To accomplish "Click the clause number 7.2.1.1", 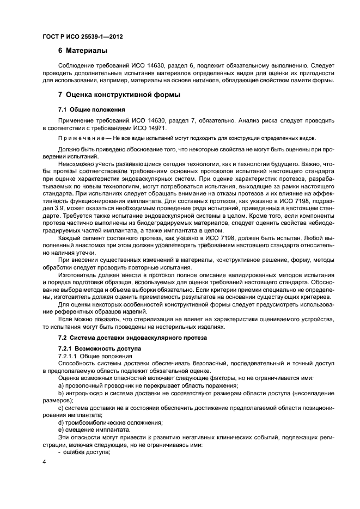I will point(70,355).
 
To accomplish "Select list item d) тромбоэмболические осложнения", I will point(110,422).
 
